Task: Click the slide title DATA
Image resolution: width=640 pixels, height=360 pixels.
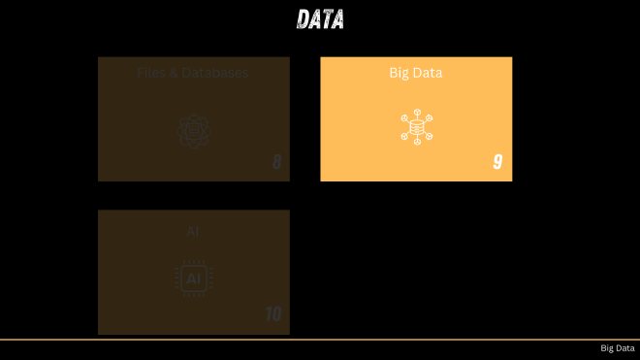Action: click(x=320, y=18)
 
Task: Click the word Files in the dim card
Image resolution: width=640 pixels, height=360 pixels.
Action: click(x=150, y=72)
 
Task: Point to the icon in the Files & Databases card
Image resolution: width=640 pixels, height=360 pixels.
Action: click(x=193, y=130)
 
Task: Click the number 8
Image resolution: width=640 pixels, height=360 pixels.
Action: click(x=276, y=162)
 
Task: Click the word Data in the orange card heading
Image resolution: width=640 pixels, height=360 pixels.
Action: click(x=429, y=72)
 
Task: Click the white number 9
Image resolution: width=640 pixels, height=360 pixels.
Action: click(x=497, y=162)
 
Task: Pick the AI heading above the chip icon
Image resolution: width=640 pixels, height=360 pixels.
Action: click(x=193, y=231)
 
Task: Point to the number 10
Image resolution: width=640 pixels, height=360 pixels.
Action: click(x=272, y=314)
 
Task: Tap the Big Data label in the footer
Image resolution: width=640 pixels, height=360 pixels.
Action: click(x=617, y=348)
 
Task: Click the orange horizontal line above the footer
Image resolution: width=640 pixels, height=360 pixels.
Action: click(x=320, y=340)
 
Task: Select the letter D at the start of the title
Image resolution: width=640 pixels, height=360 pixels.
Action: click(x=304, y=18)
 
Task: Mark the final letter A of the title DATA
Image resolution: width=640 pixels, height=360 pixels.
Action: click(x=337, y=18)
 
